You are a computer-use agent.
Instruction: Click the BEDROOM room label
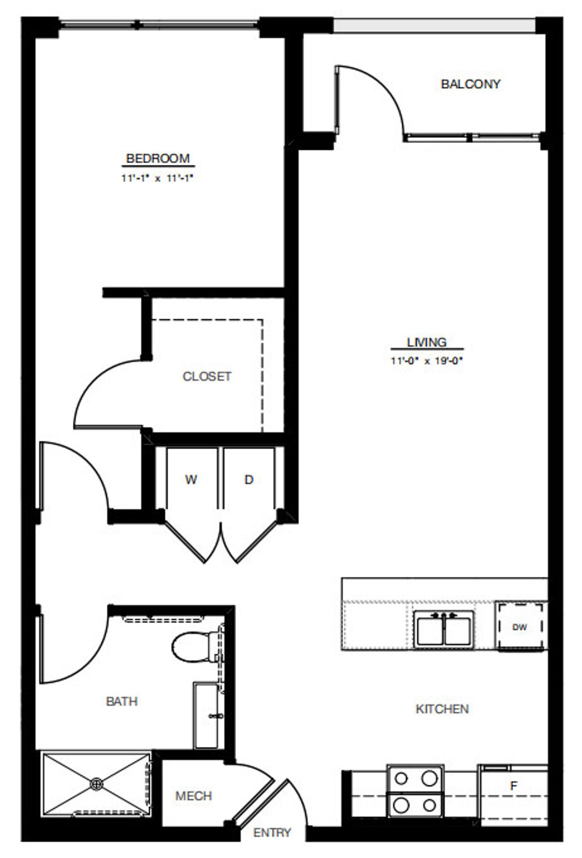pyautogui.click(x=158, y=158)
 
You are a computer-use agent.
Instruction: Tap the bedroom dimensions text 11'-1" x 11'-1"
pyautogui.click(x=158, y=178)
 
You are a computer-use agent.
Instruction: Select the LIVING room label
pyautogui.click(x=427, y=342)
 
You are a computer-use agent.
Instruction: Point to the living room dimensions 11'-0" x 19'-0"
pyautogui.click(x=427, y=361)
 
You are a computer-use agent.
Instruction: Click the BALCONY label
pyautogui.click(x=470, y=84)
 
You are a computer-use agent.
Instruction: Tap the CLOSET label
pyautogui.click(x=207, y=376)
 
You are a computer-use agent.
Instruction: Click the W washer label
pyautogui.click(x=191, y=479)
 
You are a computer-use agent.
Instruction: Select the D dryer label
pyautogui.click(x=249, y=479)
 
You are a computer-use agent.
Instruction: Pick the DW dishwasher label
pyautogui.click(x=519, y=627)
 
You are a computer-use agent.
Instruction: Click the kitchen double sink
pyautogui.click(x=444, y=629)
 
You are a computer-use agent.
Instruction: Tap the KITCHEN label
pyautogui.click(x=442, y=709)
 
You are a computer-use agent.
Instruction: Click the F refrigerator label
pyautogui.click(x=514, y=785)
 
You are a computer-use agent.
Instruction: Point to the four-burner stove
pyautogui.click(x=415, y=791)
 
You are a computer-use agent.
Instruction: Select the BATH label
pyautogui.click(x=121, y=701)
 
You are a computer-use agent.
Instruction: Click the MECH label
pyautogui.click(x=193, y=795)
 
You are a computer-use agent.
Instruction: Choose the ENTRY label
pyautogui.click(x=272, y=832)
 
